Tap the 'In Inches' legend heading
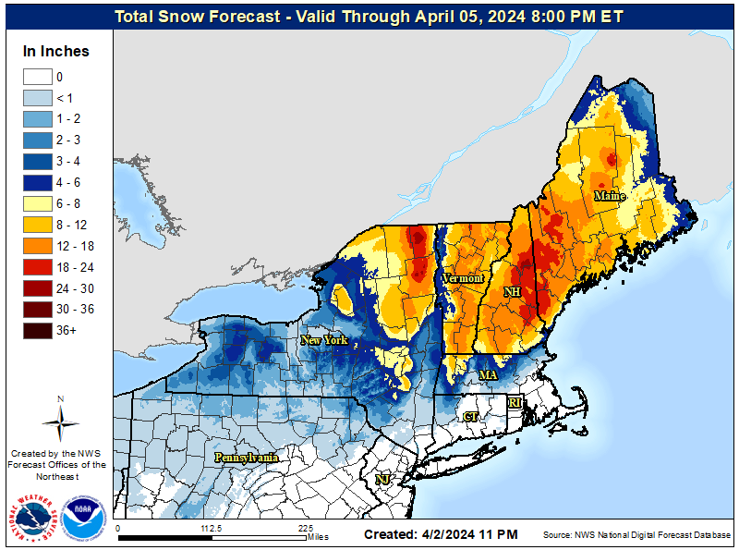(x=56, y=52)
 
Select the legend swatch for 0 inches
(x=37, y=77)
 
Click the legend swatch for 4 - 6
(x=37, y=182)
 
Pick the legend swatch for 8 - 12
(x=37, y=225)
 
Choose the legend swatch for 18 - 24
(x=37, y=266)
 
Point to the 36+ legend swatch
(x=37, y=330)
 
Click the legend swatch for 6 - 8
(x=37, y=203)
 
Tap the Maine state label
(x=609, y=196)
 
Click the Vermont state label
(x=462, y=278)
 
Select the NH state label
(x=511, y=292)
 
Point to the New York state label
(x=324, y=340)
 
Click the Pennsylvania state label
(x=247, y=458)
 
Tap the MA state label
(x=488, y=374)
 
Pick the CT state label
(x=470, y=417)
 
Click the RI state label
(x=515, y=402)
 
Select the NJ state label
(x=382, y=479)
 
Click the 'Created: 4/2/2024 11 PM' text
(x=441, y=535)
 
